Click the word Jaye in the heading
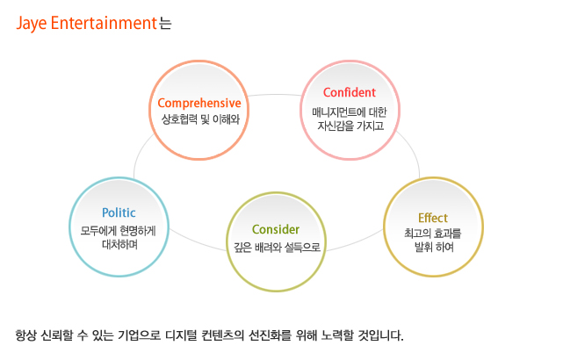click(x=32, y=24)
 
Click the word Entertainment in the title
click(x=105, y=23)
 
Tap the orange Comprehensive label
click(x=199, y=104)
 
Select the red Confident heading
click(x=350, y=92)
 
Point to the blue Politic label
click(x=119, y=212)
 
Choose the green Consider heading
click(x=276, y=229)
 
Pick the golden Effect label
click(x=433, y=218)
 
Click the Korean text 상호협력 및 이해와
click(x=200, y=119)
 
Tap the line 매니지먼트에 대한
click(x=350, y=112)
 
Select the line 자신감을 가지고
click(x=350, y=126)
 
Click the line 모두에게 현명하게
click(x=118, y=231)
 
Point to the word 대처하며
click(x=119, y=244)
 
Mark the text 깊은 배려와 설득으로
click(x=277, y=248)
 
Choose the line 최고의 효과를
click(x=433, y=234)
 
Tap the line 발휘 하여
click(x=434, y=247)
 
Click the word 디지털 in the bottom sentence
click(x=181, y=335)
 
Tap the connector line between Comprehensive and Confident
click(x=275, y=95)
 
